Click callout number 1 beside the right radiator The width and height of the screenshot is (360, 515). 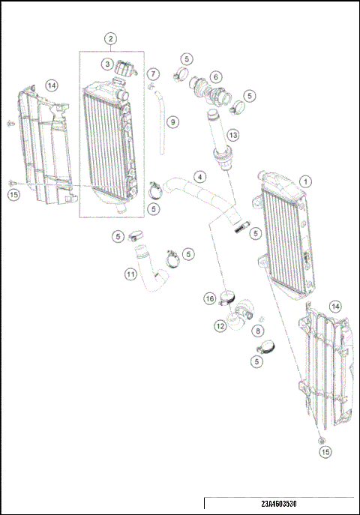point(305,181)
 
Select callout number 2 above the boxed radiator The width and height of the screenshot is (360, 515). point(110,38)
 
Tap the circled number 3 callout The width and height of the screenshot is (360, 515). point(108,64)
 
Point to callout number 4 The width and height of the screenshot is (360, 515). point(199,178)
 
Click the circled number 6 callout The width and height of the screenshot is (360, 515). point(215,76)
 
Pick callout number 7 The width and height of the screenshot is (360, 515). point(153,74)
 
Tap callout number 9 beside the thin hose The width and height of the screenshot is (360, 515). point(172,121)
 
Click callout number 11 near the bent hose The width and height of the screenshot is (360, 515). point(130,274)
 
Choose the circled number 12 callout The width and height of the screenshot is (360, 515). point(220,326)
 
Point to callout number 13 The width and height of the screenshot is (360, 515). point(233,135)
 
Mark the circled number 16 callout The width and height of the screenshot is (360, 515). point(210,298)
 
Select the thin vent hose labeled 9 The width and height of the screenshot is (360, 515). point(160,124)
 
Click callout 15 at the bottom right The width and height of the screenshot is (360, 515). point(325,452)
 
